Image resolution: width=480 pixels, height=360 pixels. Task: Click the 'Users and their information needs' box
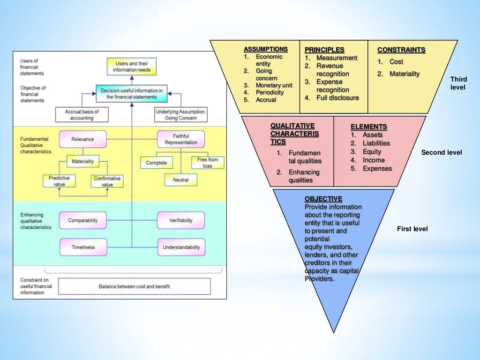131,66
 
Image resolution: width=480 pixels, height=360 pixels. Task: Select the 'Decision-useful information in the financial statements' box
131,93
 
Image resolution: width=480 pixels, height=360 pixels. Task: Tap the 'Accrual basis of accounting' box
82,115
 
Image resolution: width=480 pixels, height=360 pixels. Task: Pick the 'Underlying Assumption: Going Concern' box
180,115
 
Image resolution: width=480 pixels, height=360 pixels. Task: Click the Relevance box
82,139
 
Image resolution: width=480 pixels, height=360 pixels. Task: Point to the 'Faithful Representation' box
181,139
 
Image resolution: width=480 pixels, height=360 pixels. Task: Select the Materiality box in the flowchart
82,162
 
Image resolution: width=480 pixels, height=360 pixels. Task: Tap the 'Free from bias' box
208,163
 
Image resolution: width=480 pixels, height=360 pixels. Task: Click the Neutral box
180,180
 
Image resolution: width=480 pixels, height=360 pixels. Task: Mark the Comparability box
82,220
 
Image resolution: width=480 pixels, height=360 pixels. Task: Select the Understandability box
181,247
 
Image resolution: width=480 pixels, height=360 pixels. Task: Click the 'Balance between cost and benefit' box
134,286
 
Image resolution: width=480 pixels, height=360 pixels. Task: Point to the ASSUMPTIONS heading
265,49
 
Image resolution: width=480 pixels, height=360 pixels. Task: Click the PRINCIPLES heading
324,50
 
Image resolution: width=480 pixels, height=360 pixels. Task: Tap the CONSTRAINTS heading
401,50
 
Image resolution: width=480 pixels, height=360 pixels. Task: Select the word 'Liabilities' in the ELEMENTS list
376,143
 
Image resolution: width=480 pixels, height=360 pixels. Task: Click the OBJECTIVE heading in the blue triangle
323,199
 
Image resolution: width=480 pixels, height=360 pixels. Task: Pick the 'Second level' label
441,152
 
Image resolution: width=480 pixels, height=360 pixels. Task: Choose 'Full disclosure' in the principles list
337,98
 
